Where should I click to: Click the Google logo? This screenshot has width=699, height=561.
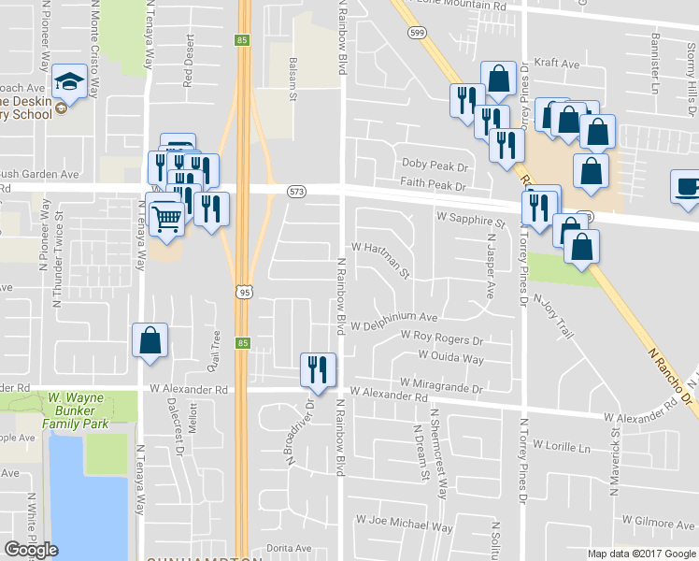tap(31, 550)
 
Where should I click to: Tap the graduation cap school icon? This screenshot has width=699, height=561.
tap(69, 84)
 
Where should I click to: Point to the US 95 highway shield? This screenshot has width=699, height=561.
tap(243, 293)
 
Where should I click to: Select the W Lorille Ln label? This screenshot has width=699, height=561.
tap(561, 447)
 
